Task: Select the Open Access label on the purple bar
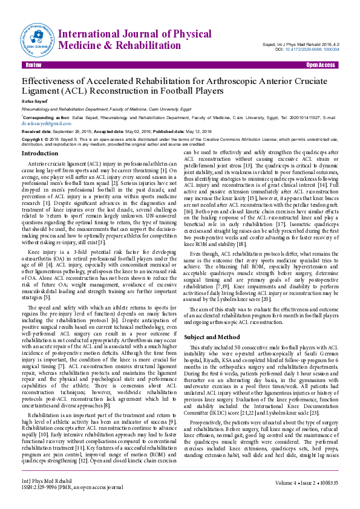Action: pos(320,65)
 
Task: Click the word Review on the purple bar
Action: pos(34,65)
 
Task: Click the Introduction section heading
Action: pos(40,154)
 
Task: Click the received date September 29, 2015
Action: pos(71,131)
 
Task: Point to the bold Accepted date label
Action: pos(112,131)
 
